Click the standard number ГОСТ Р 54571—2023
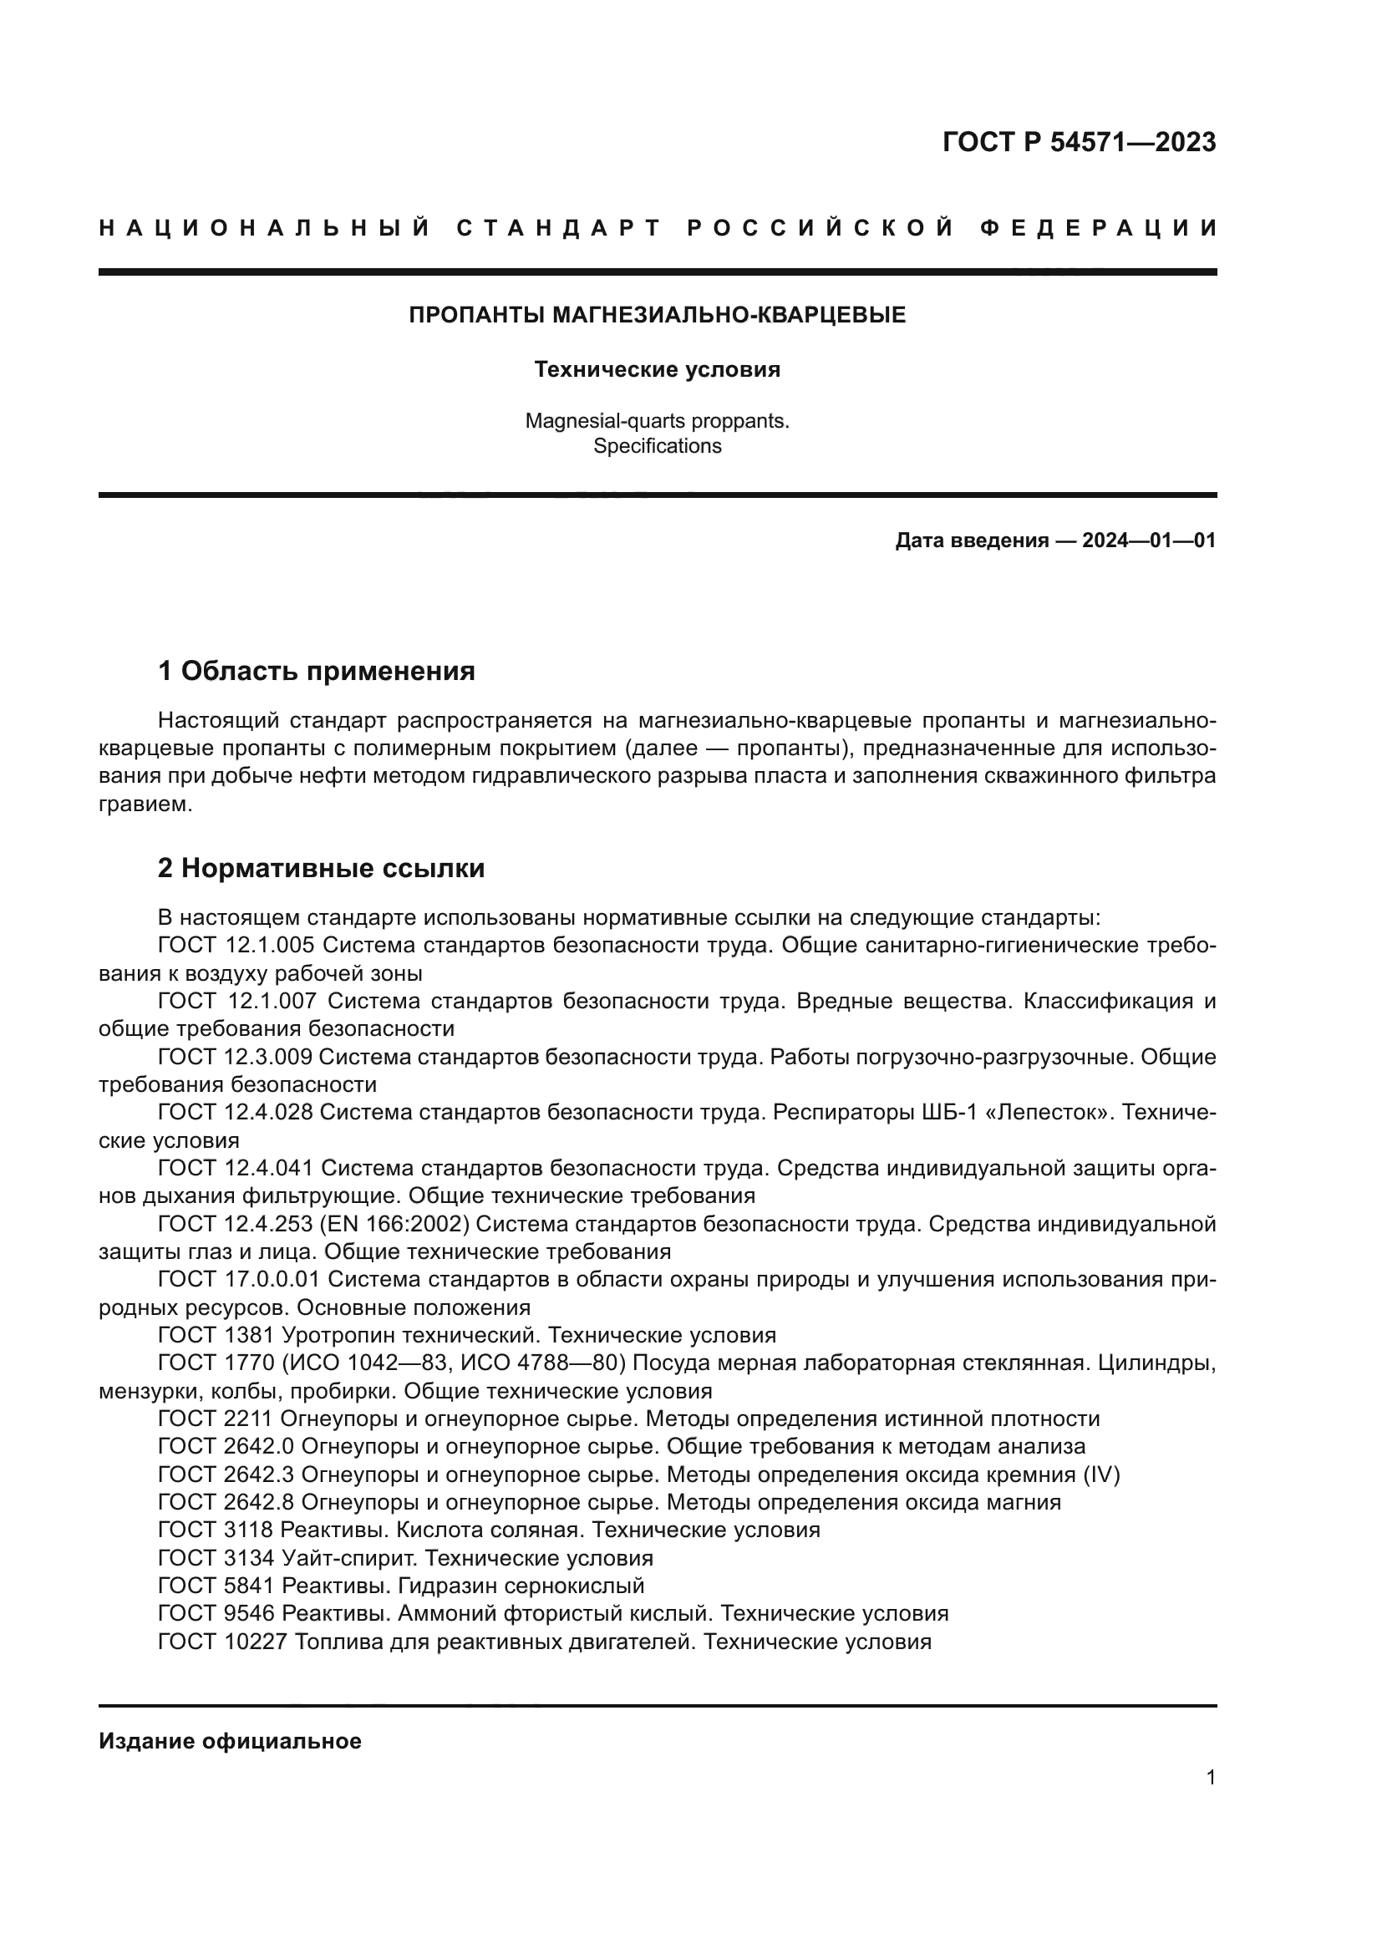pos(1078,142)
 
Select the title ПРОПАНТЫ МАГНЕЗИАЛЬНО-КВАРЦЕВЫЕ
pos(657,316)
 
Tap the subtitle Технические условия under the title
pos(657,370)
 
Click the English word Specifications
pos(657,447)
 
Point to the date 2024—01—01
pos(1148,541)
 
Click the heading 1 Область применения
pos(317,672)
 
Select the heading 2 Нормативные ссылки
pos(322,868)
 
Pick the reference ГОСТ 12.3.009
pos(236,1057)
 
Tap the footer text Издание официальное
pos(230,1741)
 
